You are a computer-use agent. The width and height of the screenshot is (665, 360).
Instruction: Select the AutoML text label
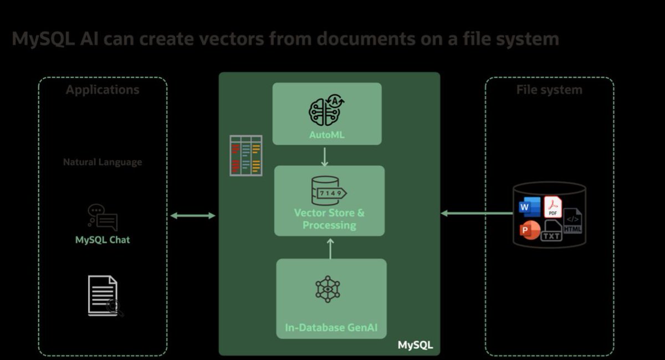tap(327, 134)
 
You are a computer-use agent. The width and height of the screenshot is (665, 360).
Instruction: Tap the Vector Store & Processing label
tap(329, 219)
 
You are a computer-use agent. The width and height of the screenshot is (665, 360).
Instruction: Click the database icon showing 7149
tap(329, 191)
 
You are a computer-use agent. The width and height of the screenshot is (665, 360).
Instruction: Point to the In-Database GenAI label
tap(331, 327)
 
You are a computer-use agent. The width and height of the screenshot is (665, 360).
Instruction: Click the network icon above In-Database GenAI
tap(328, 289)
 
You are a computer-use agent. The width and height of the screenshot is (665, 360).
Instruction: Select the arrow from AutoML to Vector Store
tap(325, 156)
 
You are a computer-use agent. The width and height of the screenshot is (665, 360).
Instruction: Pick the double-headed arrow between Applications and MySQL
tap(192, 215)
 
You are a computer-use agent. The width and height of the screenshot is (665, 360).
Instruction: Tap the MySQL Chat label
tap(103, 240)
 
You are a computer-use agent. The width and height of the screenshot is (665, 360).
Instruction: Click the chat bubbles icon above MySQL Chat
tap(103, 217)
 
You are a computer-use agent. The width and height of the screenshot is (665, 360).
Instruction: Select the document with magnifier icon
tap(104, 296)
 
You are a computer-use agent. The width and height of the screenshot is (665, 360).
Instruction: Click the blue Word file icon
tap(529, 207)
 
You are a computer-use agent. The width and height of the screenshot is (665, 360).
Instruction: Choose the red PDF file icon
tap(553, 207)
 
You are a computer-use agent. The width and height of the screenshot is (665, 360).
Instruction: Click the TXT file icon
tap(551, 230)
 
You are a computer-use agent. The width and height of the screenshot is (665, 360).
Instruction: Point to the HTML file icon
tap(573, 221)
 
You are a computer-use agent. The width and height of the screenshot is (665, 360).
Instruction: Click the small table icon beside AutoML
tap(246, 155)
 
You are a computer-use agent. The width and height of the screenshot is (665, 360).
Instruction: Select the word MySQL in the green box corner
tap(415, 345)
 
